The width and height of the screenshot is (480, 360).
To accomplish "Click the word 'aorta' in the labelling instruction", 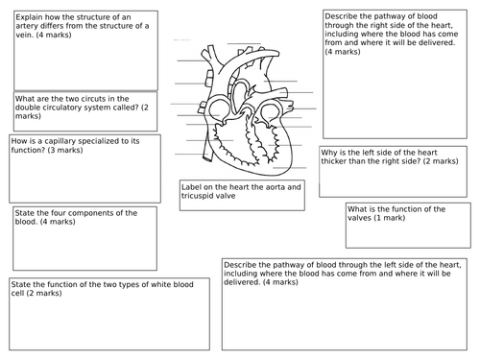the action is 268,185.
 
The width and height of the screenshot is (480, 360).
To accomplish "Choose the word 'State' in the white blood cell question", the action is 22,283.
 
